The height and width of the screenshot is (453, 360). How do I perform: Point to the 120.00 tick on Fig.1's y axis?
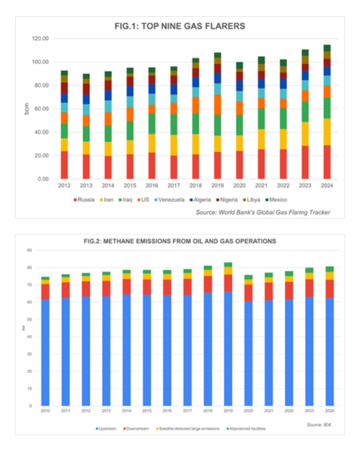(41, 39)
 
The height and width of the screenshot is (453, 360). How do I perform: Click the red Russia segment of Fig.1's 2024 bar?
(327, 161)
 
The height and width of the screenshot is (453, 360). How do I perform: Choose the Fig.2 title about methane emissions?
(179, 241)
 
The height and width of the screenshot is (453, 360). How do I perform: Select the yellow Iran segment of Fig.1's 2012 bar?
(64, 144)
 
